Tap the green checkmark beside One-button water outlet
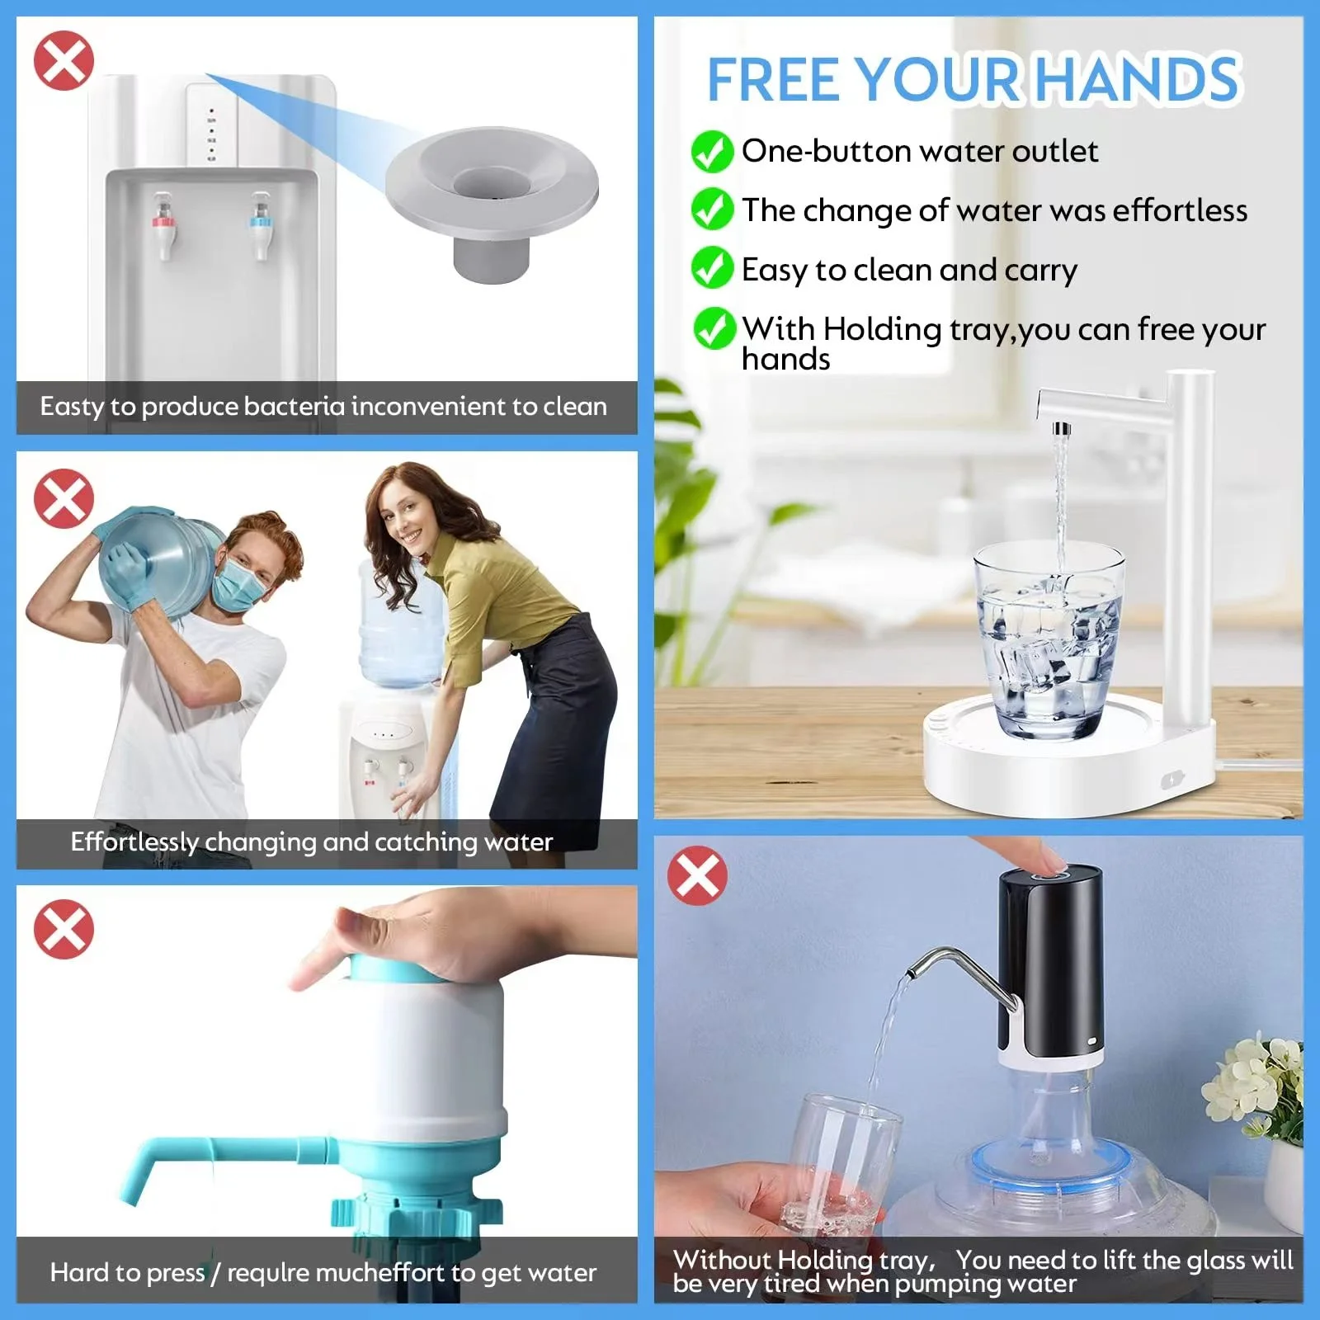tap(712, 152)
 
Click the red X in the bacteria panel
tap(64, 60)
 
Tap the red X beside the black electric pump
tap(697, 875)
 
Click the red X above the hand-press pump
tap(64, 930)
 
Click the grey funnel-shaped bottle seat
tap(492, 198)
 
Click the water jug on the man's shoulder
tap(161, 561)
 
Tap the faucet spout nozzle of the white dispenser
tap(1061, 428)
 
